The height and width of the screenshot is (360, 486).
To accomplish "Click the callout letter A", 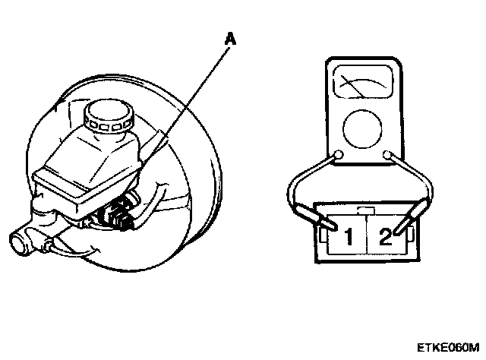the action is coord(230,39).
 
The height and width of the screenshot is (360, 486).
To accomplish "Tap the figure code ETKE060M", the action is coord(448,348).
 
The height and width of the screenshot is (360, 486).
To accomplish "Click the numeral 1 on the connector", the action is coord(349,236).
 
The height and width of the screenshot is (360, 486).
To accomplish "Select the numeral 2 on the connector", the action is coord(385,237).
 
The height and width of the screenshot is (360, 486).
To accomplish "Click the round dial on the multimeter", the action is coord(362,128).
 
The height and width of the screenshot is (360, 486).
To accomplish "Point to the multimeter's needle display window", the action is coord(363,82).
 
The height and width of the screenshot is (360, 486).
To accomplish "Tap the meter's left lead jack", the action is coord(338,154).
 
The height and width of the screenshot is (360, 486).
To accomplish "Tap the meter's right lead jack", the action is coord(387,154).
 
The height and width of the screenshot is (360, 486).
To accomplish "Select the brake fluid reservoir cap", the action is coord(109,117).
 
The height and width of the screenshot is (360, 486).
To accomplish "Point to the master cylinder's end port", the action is coord(19,244).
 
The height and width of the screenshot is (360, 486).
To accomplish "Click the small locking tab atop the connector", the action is coord(366,211).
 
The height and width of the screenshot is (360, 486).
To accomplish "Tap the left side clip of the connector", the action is coord(323,235).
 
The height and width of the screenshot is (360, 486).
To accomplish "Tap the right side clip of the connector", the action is coord(410,235).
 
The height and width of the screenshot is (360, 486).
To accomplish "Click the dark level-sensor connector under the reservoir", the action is coord(117,213).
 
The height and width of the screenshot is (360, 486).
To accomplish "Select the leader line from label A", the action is coord(185,106).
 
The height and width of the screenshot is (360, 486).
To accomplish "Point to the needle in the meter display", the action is coord(352,85).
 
